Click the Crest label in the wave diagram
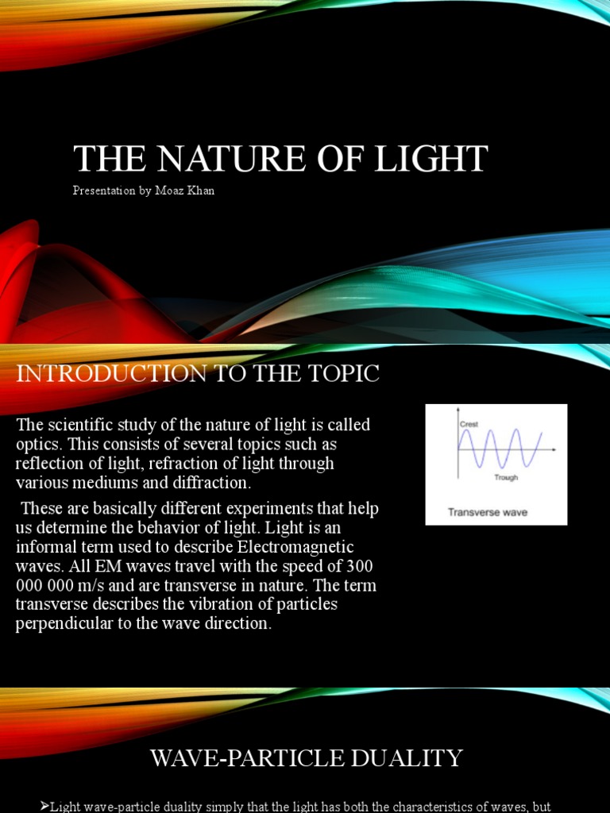[469, 425]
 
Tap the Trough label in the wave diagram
[506, 477]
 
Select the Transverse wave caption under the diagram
[488, 512]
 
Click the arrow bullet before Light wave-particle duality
[44, 807]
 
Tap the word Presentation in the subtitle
[102, 191]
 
